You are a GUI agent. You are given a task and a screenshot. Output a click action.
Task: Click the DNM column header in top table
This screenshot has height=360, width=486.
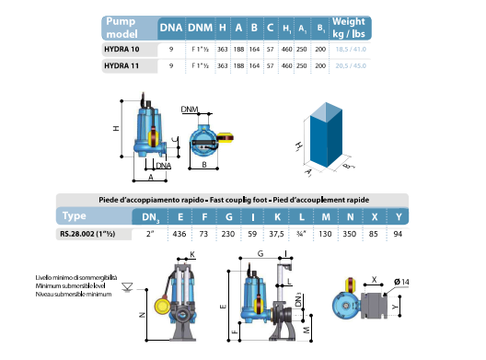[x=200, y=28]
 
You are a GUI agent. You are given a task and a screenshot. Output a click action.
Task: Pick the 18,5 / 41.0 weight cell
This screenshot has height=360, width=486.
[x=362, y=50]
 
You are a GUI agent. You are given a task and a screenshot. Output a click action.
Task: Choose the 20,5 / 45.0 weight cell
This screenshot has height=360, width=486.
[x=362, y=66]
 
